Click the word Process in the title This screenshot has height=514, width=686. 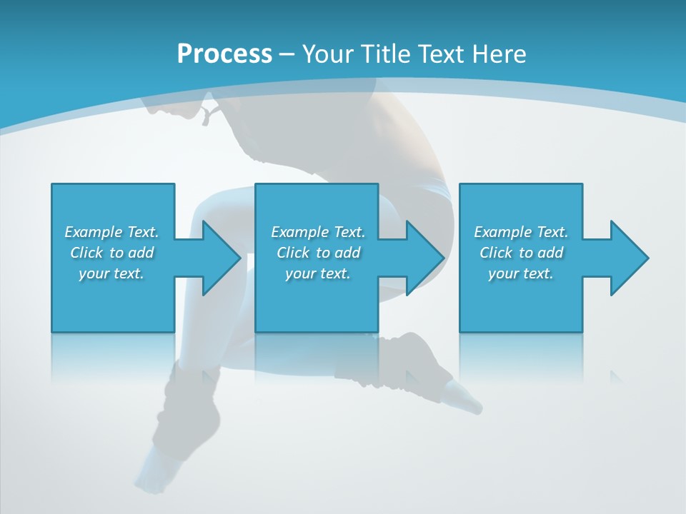pos(224,54)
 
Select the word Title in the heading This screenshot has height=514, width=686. pos(394,54)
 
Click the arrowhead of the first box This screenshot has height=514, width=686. pos(222,258)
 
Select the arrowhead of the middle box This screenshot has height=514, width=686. pos(425,258)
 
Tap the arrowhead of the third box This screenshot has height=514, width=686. pos(630,258)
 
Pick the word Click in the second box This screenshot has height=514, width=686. pos(292,253)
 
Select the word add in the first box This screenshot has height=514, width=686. pos(141,253)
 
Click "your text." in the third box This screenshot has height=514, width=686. pos(520,273)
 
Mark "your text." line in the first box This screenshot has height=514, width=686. pos(111,273)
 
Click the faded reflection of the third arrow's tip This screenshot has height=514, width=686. pos(615,376)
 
